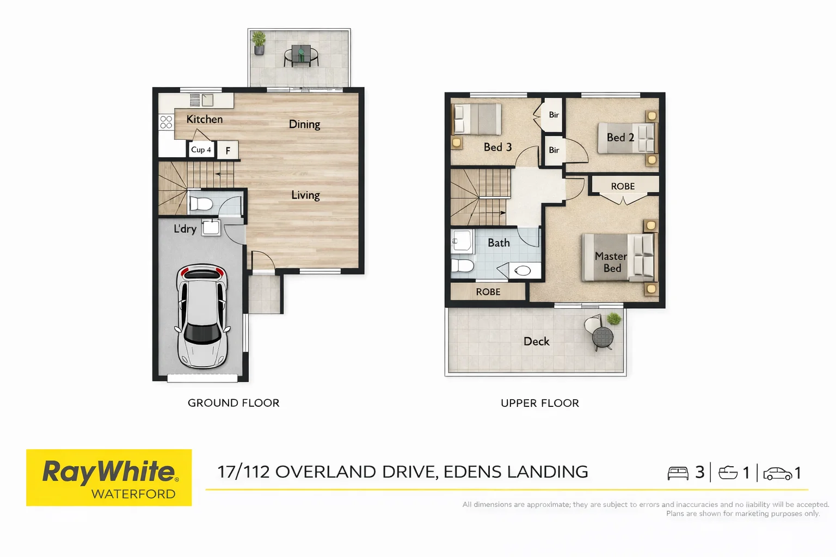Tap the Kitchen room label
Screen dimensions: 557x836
204,119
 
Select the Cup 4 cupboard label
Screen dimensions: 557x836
201,150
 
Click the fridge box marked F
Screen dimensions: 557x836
228,151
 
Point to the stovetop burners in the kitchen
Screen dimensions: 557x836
166,122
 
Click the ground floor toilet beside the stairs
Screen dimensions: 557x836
201,204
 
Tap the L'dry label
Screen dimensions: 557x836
185,229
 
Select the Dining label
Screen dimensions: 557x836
304,124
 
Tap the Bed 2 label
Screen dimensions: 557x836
620,138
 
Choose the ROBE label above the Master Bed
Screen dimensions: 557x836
623,186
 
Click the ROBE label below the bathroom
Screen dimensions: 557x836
488,292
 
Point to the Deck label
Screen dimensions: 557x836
536,341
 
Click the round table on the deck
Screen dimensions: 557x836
603,337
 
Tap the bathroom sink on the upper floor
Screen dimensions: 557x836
522,270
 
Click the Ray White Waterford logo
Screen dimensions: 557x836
109,478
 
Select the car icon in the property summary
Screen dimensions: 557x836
777,473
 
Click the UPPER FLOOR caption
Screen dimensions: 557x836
539,403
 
